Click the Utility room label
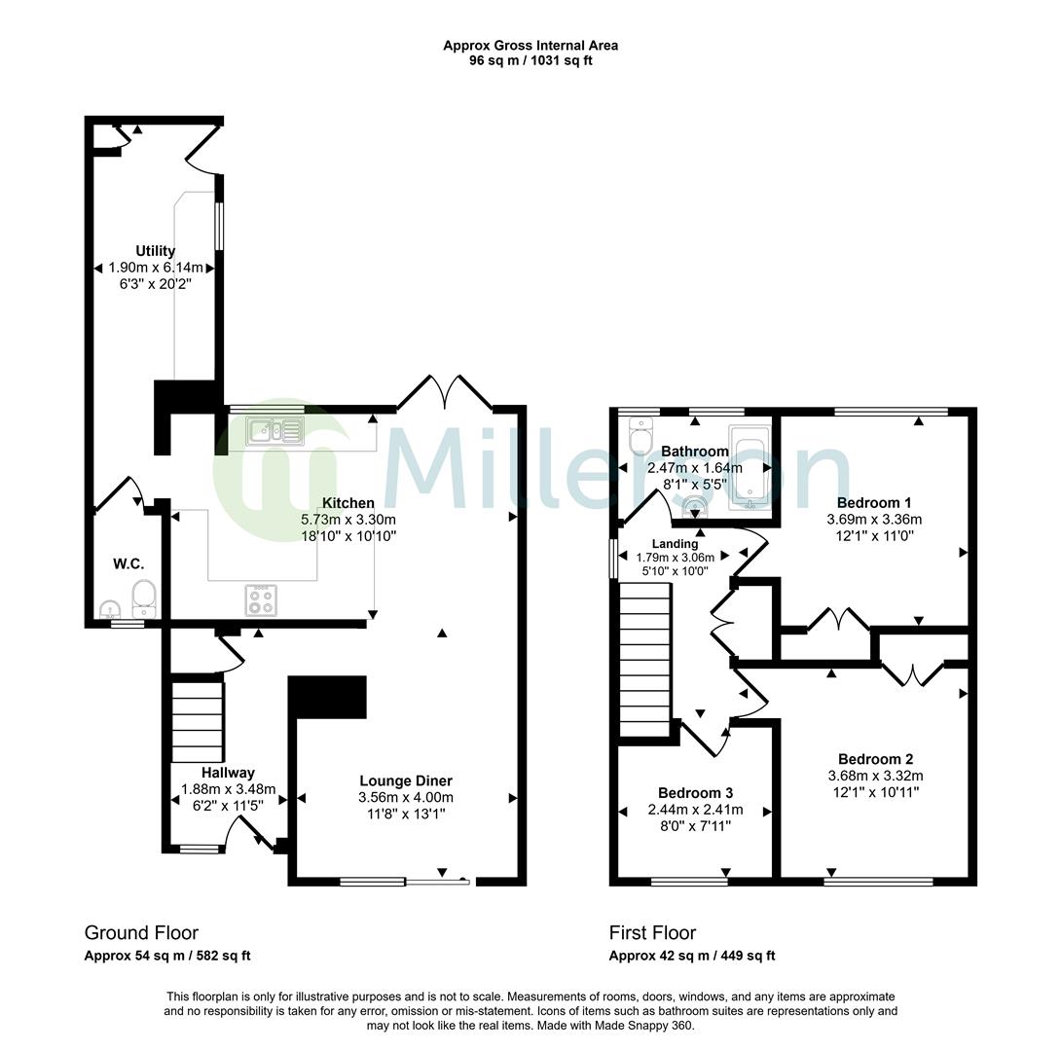[156, 251]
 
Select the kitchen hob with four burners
[261, 599]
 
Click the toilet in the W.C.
[144, 597]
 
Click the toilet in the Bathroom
[640, 438]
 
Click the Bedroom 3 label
[695, 792]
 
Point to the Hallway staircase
[199, 721]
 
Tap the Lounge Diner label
[406, 780]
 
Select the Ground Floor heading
[141, 932]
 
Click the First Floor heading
[652, 932]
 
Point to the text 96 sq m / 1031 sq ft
[530, 60]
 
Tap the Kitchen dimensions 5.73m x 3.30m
[348, 520]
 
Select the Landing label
[675, 543]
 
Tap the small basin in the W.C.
[109, 610]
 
